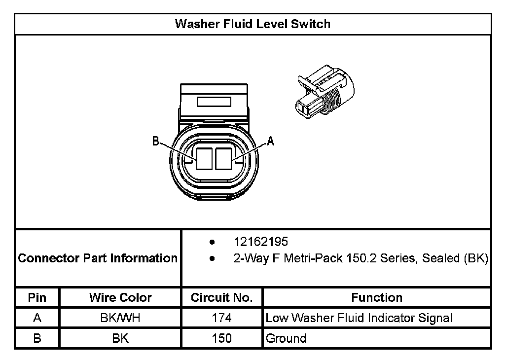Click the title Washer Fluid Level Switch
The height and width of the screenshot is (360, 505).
pos(252,24)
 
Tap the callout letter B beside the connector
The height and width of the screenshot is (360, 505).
pos(156,142)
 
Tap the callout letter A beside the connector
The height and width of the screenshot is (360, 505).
pos(270,142)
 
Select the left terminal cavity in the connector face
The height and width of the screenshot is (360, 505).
pos(204,159)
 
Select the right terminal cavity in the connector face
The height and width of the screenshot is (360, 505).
pos(224,159)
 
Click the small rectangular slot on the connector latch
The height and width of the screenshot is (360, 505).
pos(214,102)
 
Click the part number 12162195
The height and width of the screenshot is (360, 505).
pos(261,242)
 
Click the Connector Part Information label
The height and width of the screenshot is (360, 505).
pos(98,258)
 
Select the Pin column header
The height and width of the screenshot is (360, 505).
pos(37,297)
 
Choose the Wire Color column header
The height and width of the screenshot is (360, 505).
pos(120,297)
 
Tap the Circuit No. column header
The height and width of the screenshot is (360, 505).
pos(222,297)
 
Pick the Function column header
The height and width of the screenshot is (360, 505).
pos(377,297)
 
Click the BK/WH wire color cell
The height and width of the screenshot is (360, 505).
pos(120,318)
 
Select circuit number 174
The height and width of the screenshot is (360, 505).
pos(222,318)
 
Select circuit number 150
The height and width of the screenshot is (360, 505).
pos(222,338)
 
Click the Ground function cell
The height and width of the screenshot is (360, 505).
pos(286,338)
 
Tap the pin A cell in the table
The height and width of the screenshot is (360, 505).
pos(37,318)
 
